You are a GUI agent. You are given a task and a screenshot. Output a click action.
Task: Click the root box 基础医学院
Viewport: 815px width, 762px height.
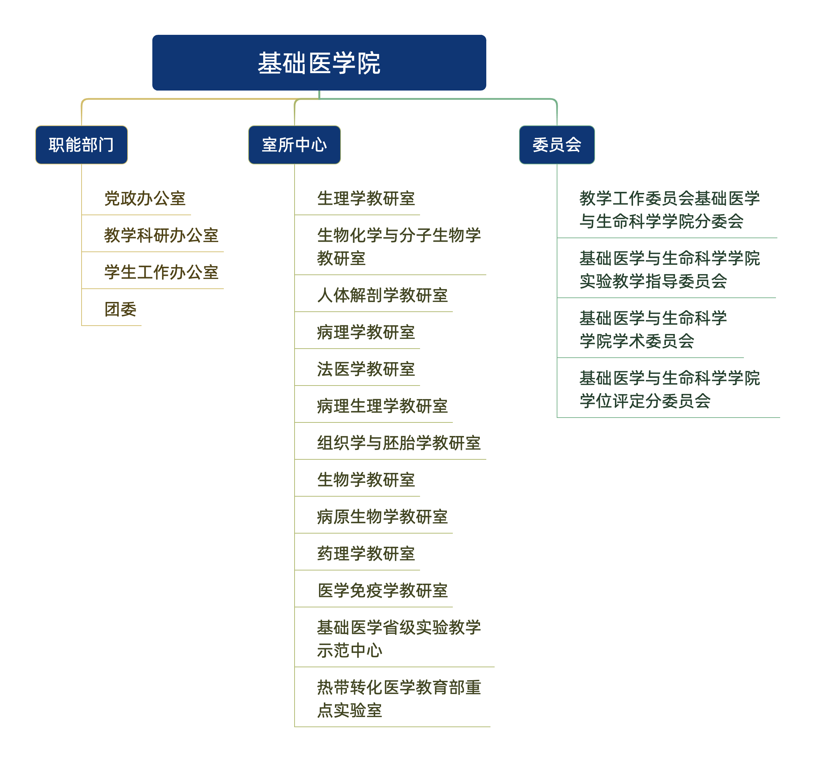(319, 63)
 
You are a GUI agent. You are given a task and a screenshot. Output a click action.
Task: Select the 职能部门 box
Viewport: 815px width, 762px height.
(82, 145)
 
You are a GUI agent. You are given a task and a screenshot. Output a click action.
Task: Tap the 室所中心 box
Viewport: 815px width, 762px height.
(294, 145)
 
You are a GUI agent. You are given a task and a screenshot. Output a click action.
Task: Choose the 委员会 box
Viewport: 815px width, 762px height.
(557, 145)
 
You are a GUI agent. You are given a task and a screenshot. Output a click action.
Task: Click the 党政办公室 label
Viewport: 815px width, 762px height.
(145, 199)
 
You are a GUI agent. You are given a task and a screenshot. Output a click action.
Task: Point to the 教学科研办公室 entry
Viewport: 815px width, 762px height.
(161, 235)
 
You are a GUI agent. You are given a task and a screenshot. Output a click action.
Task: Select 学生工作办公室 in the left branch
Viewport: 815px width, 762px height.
(161, 272)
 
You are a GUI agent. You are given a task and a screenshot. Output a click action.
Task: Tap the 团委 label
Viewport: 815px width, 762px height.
(121, 309)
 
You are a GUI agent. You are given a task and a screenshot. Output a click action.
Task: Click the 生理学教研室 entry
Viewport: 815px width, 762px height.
(366, 199)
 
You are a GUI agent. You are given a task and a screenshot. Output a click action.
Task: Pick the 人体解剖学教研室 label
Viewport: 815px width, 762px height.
(382, 295)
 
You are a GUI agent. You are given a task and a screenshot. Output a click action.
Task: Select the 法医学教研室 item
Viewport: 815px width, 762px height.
(366, 369)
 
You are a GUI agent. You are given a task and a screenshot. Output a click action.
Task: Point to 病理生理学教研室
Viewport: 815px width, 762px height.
(382, 406)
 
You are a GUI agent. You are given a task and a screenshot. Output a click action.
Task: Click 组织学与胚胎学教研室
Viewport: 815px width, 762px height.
(399, 443)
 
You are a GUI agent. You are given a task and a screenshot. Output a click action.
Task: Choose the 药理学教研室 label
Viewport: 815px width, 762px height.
(366, 553)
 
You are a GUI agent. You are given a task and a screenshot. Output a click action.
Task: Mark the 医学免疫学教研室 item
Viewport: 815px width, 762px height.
(382, 590)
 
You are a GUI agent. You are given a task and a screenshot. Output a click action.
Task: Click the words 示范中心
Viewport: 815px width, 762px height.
(350, 651)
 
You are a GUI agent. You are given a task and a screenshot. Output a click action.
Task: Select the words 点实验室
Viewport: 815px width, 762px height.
(350, 710)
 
